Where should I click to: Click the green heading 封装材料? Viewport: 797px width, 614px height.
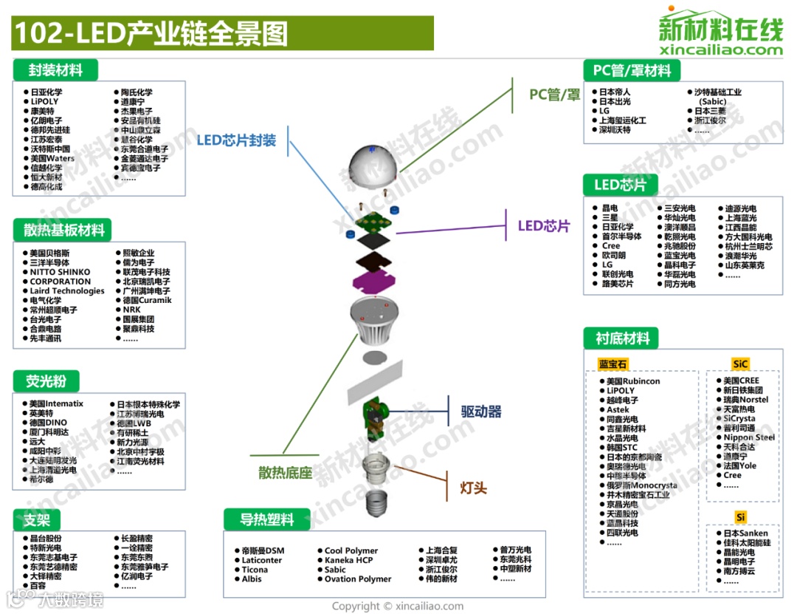tap(55, 71)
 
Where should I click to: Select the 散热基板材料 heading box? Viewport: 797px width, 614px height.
tap(64, 230)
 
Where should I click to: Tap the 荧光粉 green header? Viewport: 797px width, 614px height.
tap(46, 381)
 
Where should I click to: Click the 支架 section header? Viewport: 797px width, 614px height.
tap(36, 520)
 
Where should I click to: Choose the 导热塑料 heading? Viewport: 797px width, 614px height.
tap(266, 519)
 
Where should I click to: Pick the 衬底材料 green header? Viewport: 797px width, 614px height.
tap(622, 339)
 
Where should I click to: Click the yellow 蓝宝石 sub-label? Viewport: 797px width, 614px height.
tap(613, 364)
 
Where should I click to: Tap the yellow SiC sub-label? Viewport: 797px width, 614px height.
tap(740, 364)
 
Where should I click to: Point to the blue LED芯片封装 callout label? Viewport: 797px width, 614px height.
tap(235, 140)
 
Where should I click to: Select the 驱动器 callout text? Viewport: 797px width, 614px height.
tap(481, 412)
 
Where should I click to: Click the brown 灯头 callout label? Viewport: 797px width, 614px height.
tap(473, 488)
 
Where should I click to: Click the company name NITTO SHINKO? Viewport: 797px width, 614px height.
tap(60, 272)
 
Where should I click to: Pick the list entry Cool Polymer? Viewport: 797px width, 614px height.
tap(351, 550)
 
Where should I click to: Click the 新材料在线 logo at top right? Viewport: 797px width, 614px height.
tap(720, 33)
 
